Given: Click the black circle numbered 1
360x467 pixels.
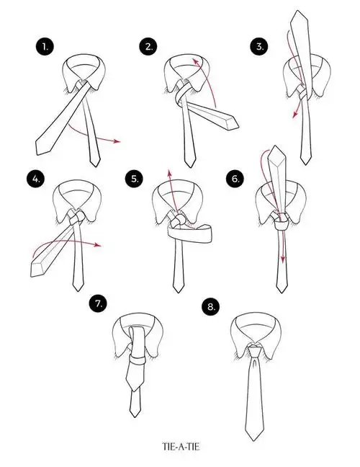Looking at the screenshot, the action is click(x=45, y=47).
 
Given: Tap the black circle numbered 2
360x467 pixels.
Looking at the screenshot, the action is click(x=148, y=47).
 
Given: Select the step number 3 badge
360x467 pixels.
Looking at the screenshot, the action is click(x=259, y=47).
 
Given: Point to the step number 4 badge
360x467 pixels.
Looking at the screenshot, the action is click(x=36, y=179).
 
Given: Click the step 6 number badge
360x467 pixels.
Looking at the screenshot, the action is click(x=235, y=179).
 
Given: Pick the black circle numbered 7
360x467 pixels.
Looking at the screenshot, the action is click(x=98, y=303).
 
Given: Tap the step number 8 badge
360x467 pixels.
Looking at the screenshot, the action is click(x=211, y=306).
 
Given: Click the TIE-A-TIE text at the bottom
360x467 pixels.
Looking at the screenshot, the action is click(x=181, y=447).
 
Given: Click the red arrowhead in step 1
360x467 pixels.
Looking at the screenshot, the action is click(x=117, y=141).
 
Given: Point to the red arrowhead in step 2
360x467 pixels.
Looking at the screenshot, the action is click(x=195, y=62).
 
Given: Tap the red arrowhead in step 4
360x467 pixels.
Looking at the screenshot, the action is click(x=98, y=245).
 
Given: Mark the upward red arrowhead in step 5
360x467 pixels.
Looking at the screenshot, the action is click(x=169, y=174).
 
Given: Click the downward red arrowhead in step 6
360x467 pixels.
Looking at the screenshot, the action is click(x=283, y=258).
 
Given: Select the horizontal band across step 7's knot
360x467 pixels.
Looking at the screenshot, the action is click(x=138, y=360).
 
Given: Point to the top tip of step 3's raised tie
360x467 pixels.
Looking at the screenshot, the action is click(x=297, y=11).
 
